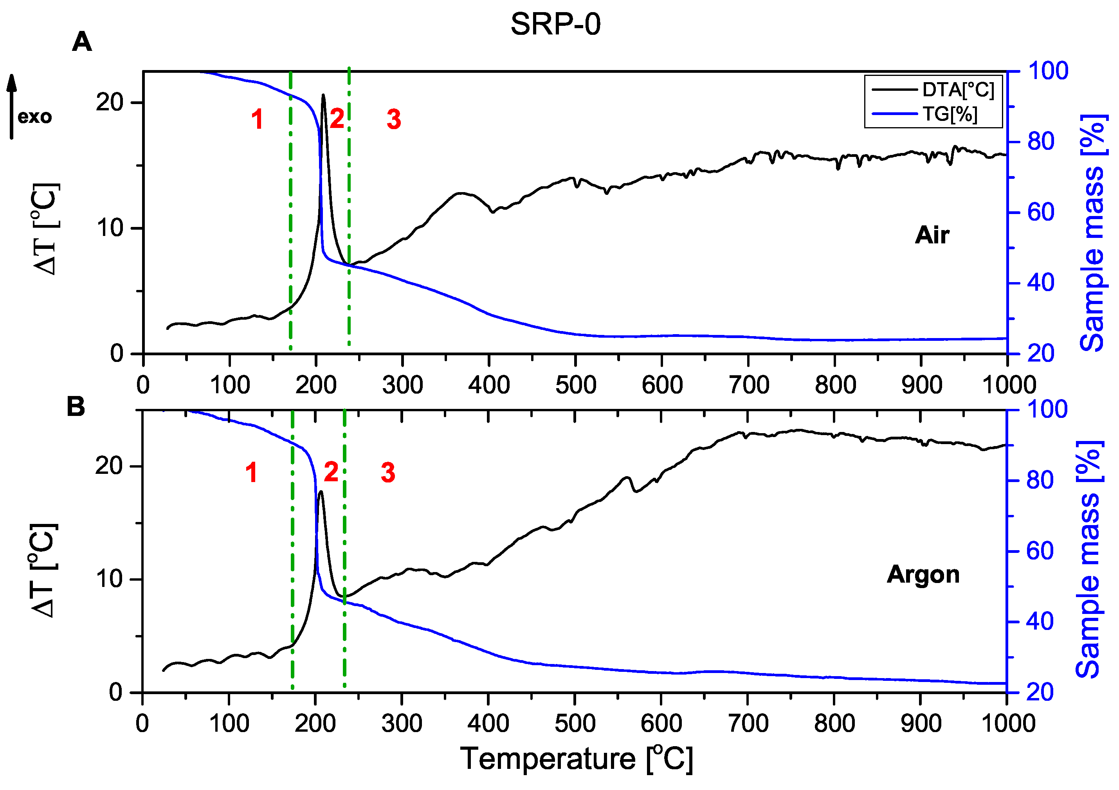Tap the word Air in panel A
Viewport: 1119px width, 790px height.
(932, 236)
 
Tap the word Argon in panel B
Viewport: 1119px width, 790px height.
(923, 574)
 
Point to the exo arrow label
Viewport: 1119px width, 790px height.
(34, 117)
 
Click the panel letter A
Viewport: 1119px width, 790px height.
(82, 42)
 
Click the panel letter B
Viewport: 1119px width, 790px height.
(76, 407)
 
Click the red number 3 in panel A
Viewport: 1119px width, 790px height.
(394, 119)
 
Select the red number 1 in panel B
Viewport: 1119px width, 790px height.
(251, 473)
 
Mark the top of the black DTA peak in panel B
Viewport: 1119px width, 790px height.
(320, 492)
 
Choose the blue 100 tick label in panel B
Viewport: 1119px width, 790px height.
(1047, 409)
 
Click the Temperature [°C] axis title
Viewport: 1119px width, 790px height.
(576, 759)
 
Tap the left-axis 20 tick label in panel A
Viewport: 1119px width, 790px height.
(109, 103)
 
